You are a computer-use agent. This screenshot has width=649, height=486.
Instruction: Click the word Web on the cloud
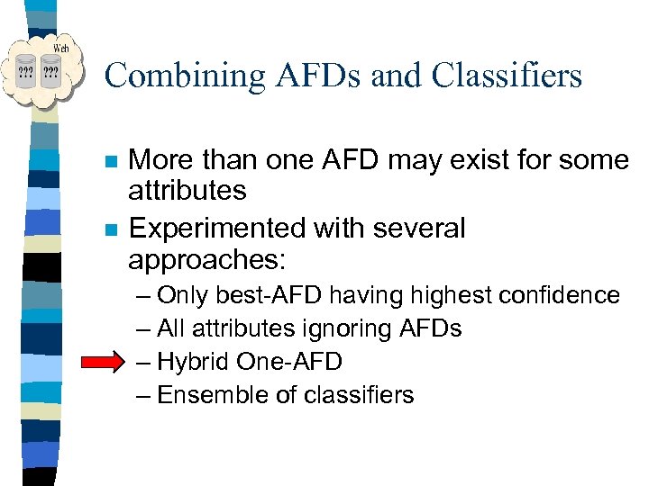tap(61, 47)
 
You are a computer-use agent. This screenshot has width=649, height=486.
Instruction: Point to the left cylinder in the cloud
tap(26, 71)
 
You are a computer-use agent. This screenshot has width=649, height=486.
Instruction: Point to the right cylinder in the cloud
tap(51, 71)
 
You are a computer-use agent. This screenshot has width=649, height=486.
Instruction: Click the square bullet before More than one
tap(110, 163)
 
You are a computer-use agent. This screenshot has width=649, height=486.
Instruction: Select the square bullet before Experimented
tap(110, 230)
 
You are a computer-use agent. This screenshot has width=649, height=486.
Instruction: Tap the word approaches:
tap(206, 260)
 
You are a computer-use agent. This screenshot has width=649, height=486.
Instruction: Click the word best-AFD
tap(271, 295)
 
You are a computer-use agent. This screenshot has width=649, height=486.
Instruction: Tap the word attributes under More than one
tap(187, 191)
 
